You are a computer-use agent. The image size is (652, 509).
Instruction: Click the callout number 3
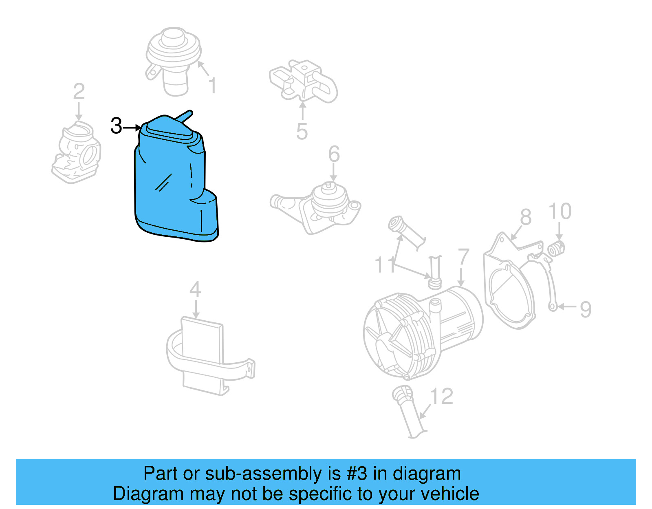(x=116, y=126)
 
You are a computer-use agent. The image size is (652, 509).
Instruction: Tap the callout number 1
(x=212, y=86)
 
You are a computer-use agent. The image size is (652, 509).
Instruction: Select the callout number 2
(x=79, y=92)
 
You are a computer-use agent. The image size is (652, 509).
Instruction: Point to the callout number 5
(x=302, y=132)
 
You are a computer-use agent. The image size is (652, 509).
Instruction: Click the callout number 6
(x=334, y=154)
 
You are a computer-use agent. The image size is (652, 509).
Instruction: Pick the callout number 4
(x=195, y=290)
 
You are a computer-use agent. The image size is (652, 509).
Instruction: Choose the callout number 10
(x=560, y=212)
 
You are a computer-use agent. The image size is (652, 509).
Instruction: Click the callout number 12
(x=442, y=397)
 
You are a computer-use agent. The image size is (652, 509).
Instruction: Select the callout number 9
(x=586, y=309)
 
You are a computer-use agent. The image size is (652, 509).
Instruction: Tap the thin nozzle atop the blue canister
(x=185, y=116)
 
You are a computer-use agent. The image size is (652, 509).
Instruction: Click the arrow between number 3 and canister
(x=132, y=128)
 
